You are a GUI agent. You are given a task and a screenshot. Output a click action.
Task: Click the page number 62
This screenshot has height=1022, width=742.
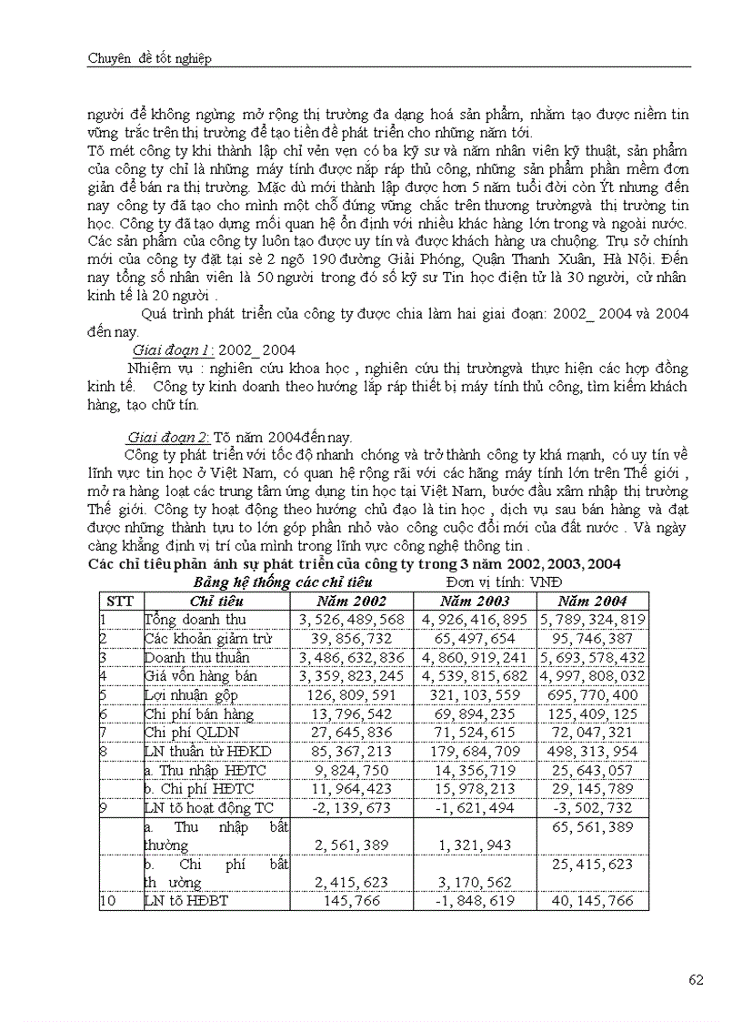coord(697,979)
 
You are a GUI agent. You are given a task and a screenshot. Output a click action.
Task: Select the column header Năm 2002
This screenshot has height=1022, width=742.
coord(351,601)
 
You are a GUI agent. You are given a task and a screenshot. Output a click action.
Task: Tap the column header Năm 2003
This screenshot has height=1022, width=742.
coord(474,601)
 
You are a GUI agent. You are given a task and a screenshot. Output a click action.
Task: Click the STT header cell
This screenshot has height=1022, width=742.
coord(120,601)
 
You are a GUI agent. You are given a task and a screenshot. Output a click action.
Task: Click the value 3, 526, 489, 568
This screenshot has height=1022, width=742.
coord(351,619)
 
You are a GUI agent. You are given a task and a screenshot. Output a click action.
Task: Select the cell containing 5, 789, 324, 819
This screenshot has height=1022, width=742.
coord(592,619)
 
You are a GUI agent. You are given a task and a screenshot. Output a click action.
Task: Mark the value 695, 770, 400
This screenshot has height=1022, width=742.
coord(594,694)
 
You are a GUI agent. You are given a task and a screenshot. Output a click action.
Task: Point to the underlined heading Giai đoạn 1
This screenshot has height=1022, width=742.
coord(170,349)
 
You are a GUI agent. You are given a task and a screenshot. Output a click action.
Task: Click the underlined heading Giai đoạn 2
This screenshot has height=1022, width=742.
coord(170,436)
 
